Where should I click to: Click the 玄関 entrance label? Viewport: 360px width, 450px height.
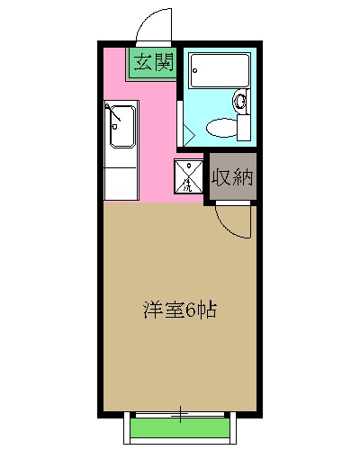click(153, 62)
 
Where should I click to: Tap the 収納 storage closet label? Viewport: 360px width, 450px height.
click(232, 177)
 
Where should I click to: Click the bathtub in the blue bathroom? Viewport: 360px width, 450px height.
click(218, 71)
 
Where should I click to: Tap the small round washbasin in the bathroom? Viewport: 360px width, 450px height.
click(239, 102)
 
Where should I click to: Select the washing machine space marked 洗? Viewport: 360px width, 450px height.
click(188, 176)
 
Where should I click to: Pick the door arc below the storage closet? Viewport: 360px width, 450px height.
click(233, 221)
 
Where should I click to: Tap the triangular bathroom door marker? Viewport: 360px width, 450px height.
click(189, 132)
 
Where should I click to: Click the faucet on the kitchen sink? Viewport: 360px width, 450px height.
click(112, 113)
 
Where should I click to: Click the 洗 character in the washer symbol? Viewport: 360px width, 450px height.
click(186, 185)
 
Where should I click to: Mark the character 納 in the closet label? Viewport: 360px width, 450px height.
click(242, 177)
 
